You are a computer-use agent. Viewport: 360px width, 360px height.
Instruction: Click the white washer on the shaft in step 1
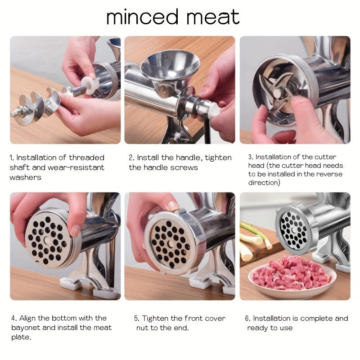point(89,85)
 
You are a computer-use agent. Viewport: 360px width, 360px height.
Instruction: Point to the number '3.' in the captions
point(251,157)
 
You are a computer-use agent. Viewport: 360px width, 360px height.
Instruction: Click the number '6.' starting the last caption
point(247,318)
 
